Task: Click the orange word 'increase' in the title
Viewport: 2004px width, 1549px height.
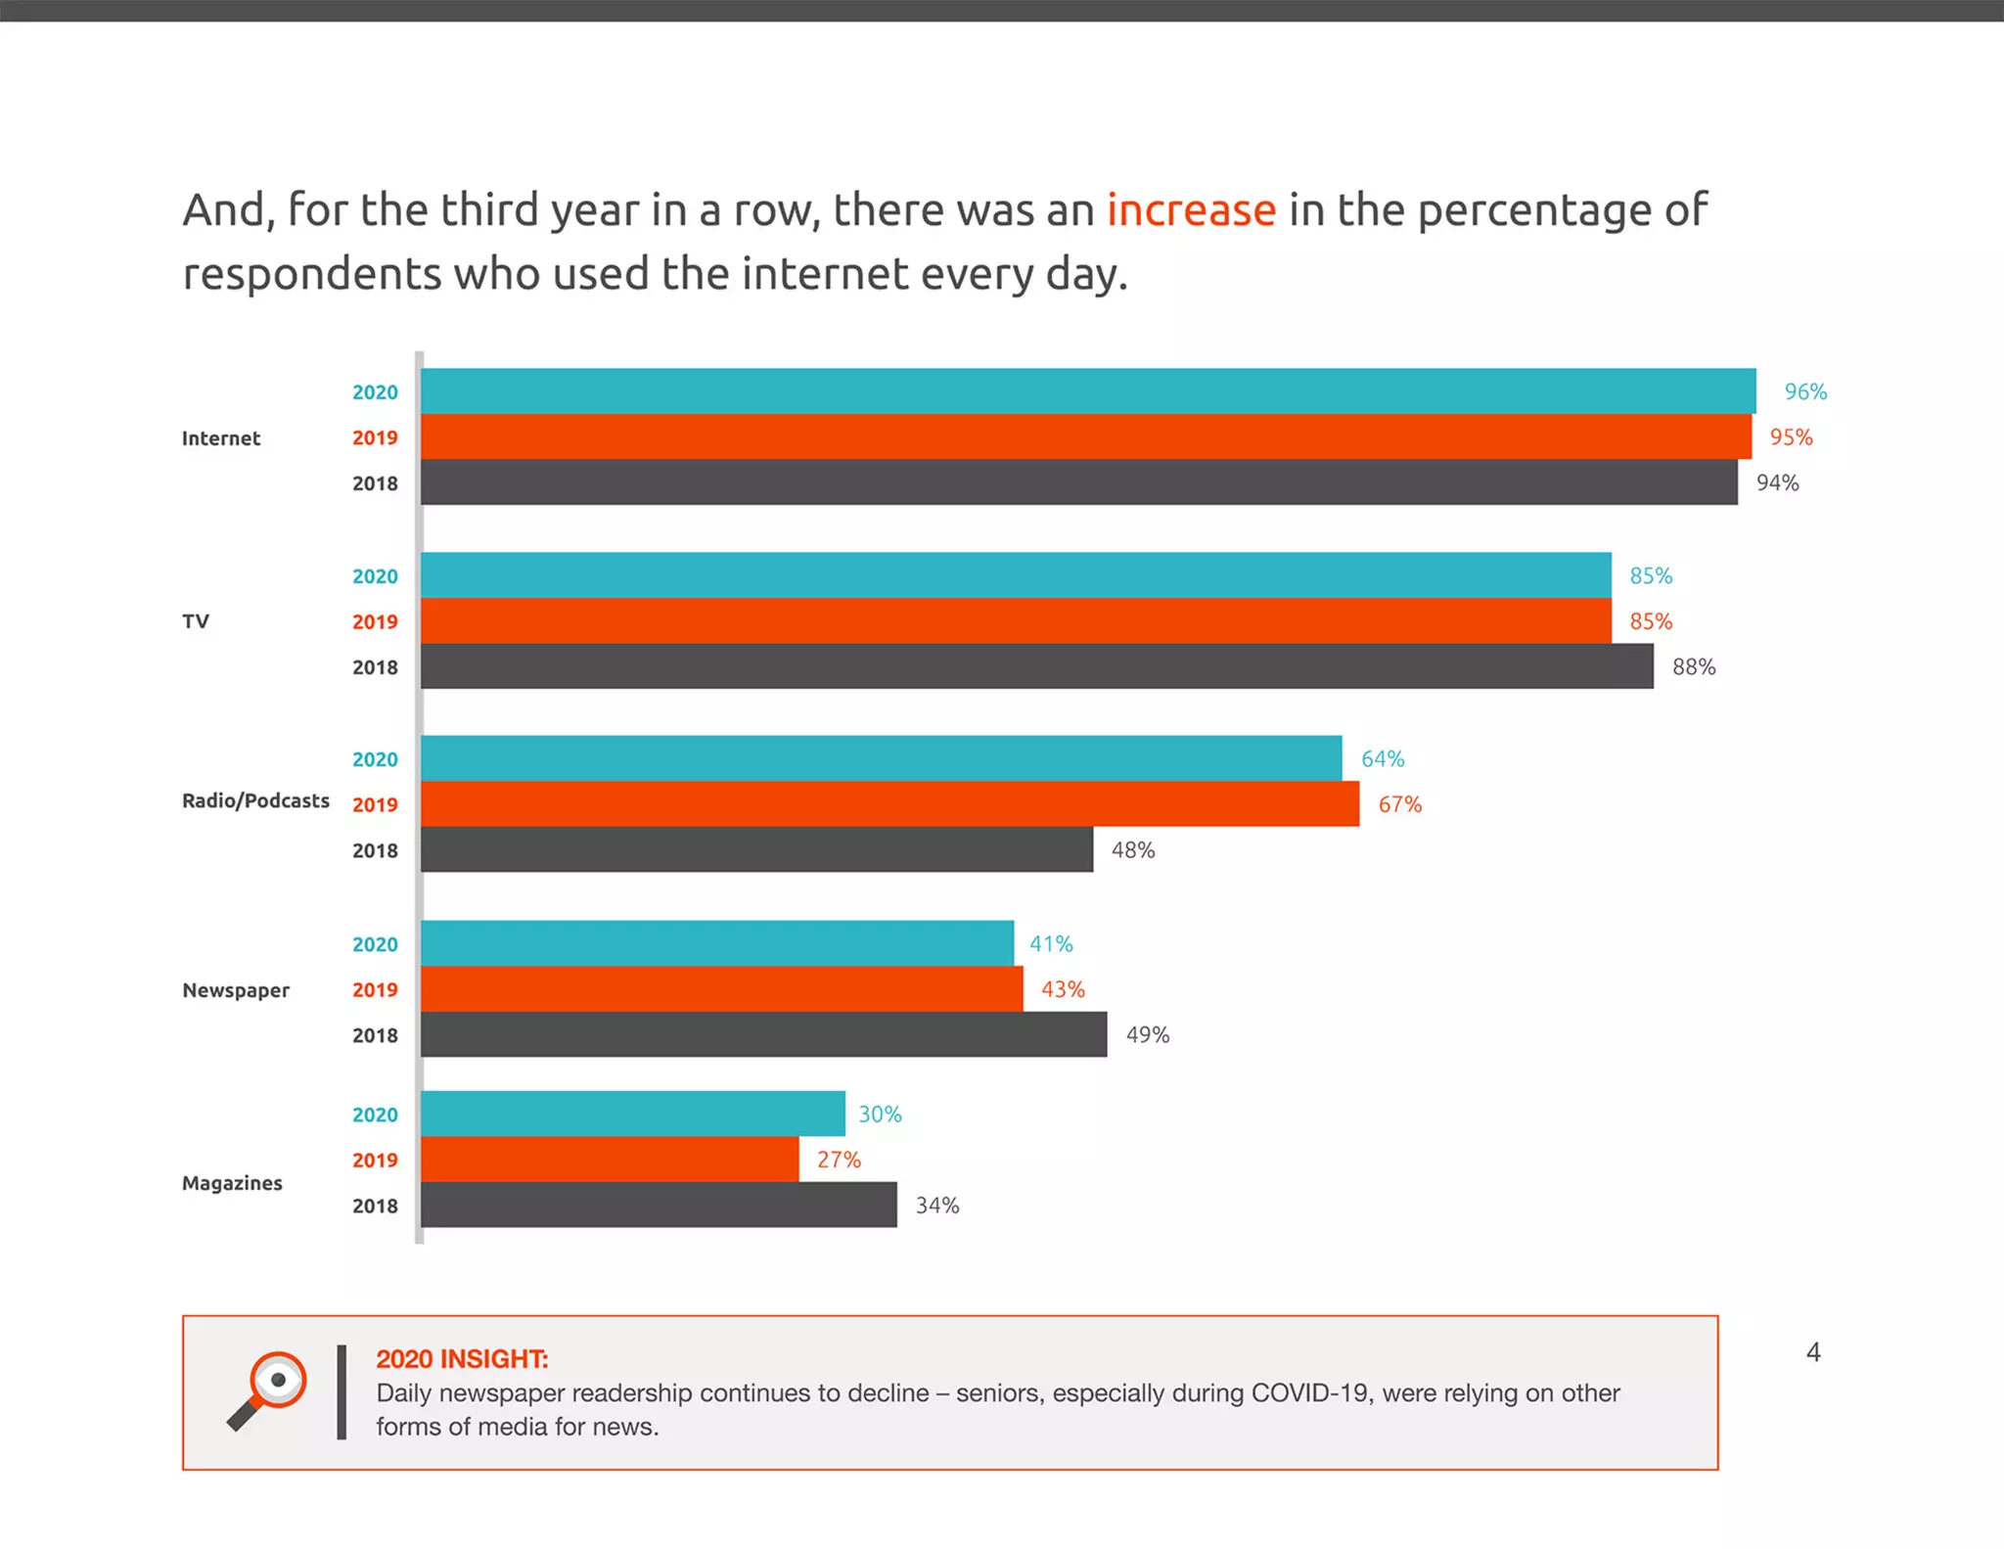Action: click(1191, 210)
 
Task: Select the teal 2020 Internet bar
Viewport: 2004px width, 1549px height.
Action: click(1087, 391)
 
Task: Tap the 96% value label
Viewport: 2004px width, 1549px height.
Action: click(1804, 391)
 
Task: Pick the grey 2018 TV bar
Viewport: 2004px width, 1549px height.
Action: click(1036, 666)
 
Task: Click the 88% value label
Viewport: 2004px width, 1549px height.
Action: click(1693, 667)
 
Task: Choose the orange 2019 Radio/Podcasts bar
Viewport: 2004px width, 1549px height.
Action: click(889, 804)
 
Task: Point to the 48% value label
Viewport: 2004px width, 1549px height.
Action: click(1132, 850)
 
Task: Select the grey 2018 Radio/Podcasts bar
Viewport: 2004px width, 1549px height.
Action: click(756, 850)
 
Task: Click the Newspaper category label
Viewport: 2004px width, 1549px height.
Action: click(236, 990)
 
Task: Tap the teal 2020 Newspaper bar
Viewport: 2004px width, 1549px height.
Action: click(716, 943)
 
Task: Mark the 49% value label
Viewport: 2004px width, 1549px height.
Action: click(1147, 1035)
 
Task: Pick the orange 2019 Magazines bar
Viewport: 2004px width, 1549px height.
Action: click(609, 1160)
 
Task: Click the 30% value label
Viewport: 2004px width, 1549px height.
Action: click(880, 1115)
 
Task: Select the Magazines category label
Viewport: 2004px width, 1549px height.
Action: click(232, 1183)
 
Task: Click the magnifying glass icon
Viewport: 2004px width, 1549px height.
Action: click(267, 1390)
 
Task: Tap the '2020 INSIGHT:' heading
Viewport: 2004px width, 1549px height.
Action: click(462, 1359)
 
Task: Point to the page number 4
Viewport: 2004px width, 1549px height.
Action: click(1812, 1352)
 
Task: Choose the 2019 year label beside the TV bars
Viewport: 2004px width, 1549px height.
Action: click(375, 621)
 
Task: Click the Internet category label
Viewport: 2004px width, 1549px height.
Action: click(221, 438)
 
